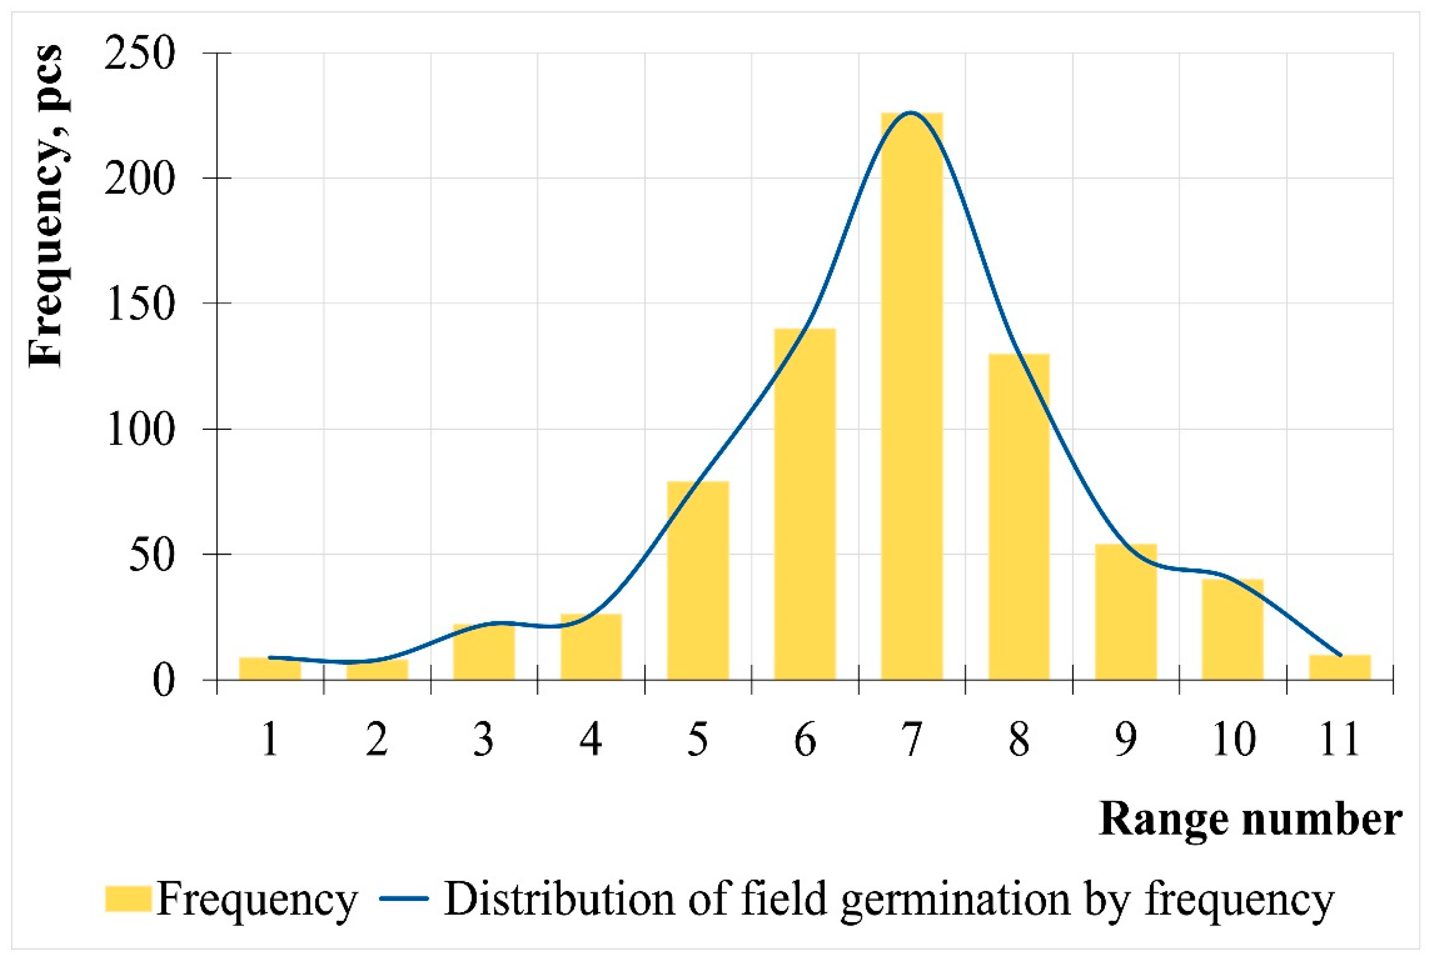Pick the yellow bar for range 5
pos(698,580)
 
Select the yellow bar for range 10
pos(1232,629)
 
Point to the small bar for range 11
pos(1339,667)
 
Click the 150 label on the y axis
pos(140,304)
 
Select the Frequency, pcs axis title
pos(46,206)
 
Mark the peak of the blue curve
pos(911,112)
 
